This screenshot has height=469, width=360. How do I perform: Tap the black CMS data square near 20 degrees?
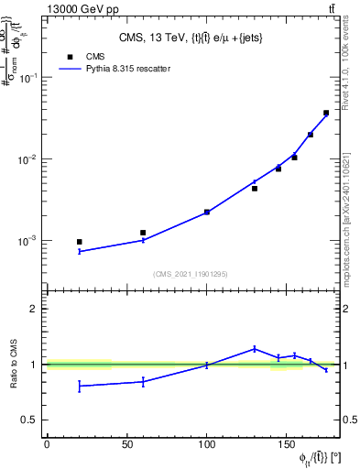pyautogui.click(x=80, y=242)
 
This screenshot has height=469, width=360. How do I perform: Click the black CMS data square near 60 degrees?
pyautogui.click(x=143, y=233)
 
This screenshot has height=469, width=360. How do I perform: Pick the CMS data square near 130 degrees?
pyautogui.click(x=255, y=189)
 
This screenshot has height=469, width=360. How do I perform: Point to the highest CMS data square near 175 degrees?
pyautogui.click(x=326, y=114)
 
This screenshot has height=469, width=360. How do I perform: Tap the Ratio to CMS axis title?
pyautogui.click(x=14, y=364)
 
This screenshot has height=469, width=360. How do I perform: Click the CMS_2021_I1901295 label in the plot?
pyautogui.click(x=191, y=274)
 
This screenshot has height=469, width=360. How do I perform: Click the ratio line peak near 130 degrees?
pyautogui.click(x=255, y=348)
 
